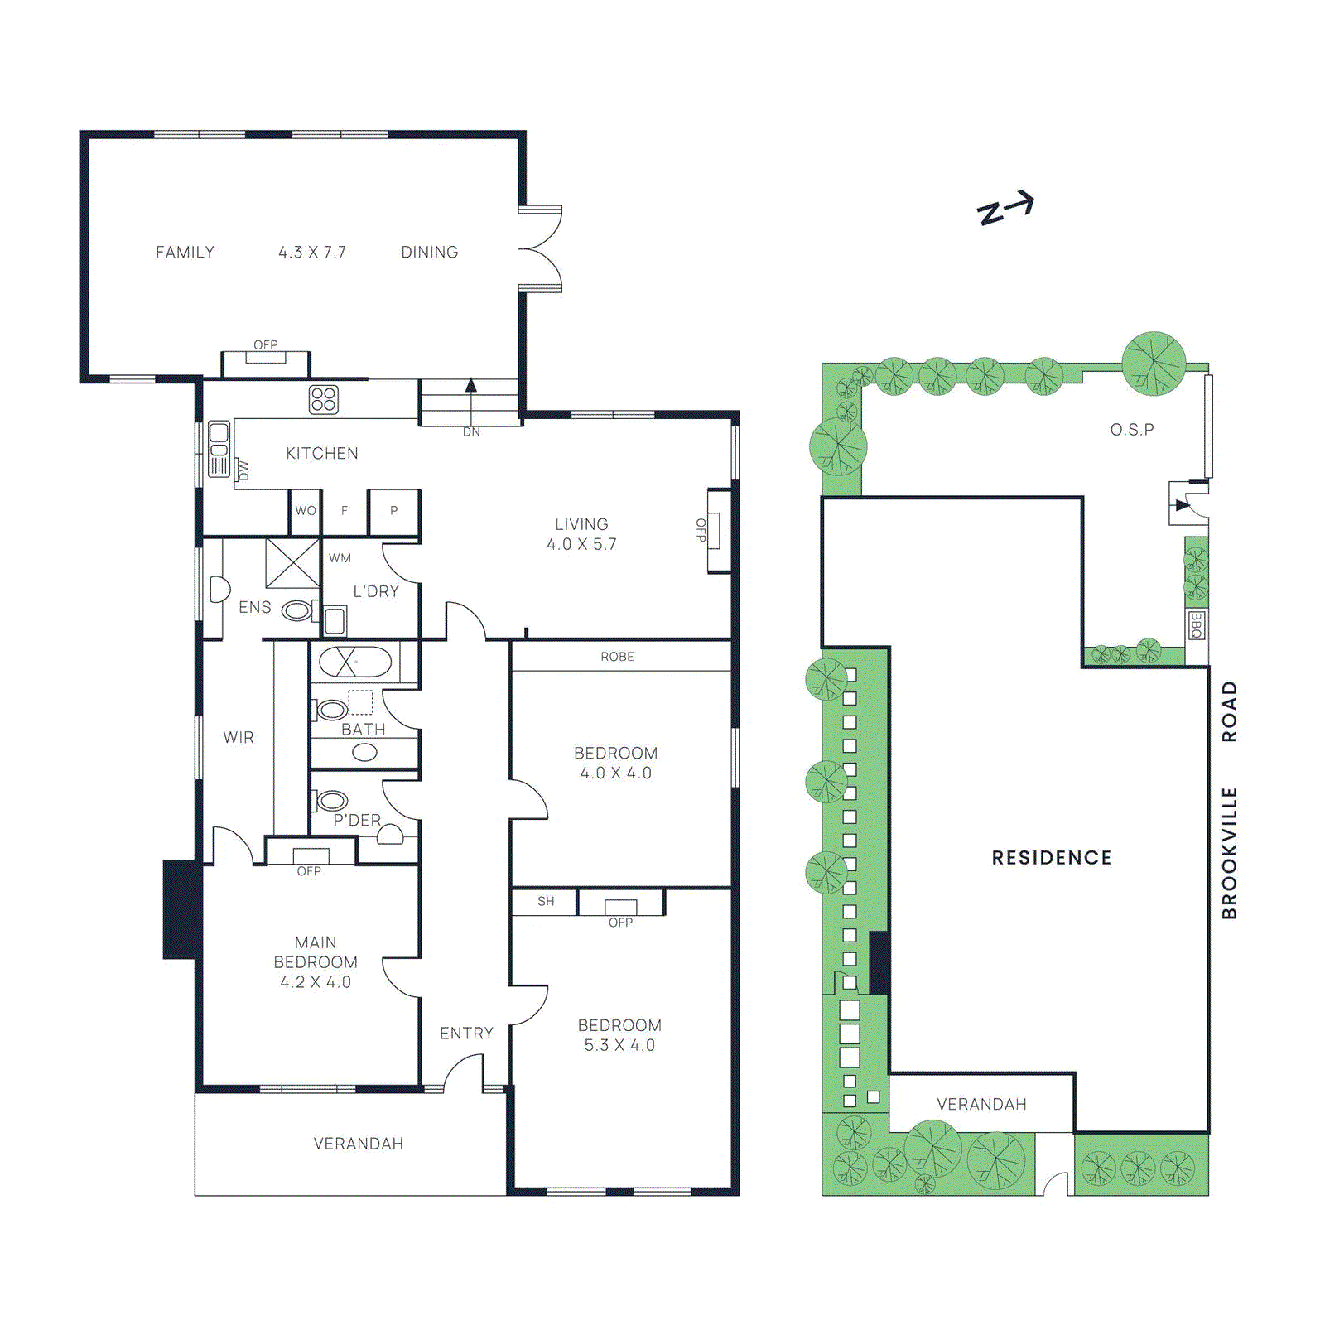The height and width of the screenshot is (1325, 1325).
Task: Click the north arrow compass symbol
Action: [x=1005, y=209]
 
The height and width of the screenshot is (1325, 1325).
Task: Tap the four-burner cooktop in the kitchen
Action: [x=323, y=399]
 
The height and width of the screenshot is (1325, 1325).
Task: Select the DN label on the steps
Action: [x=471, y=432]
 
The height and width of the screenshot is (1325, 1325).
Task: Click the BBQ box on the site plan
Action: [x=1195, y=625]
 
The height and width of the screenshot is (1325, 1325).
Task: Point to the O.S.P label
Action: [x=1131, y=430]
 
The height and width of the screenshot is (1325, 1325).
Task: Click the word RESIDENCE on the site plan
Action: [x=1051, y=858]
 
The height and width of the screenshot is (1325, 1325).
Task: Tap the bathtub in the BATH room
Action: [x=355, y=662]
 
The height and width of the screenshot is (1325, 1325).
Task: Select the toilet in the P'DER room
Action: [x=331, y=800]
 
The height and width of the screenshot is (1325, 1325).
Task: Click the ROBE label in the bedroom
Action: [x=617, y=657]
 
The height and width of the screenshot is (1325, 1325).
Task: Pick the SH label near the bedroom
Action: [x=546, y=901]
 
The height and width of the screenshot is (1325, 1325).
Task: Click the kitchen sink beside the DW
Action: [x=219, y=449]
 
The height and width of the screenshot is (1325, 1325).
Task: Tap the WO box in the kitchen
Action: [x=306, y=511]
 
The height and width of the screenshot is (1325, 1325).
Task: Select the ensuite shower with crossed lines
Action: [x=292, y=563]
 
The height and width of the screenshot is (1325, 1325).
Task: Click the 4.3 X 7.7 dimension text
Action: [x=311, y=253]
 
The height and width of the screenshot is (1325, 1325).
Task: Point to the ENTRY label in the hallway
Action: [x=466, y=1033]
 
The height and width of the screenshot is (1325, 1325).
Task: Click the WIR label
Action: [x=238, y=737]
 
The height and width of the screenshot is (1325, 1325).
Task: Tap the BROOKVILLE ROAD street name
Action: [x=1229, y=800]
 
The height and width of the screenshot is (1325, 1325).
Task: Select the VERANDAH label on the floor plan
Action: [x=358, y=1144]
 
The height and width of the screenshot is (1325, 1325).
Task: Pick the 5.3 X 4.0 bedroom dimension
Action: [x=619, y=1045]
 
